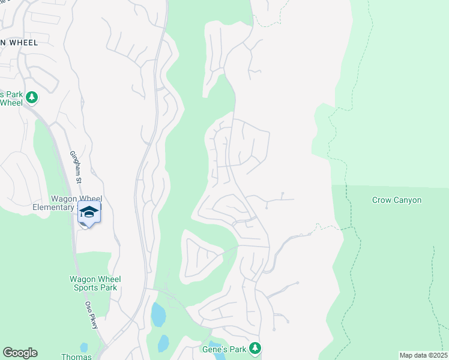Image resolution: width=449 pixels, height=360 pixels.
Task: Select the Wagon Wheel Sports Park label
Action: [x=95, y=283]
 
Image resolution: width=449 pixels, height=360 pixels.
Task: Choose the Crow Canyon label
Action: [x=397, y=200]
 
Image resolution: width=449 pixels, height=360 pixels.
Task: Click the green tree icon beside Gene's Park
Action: [x=255, y=347]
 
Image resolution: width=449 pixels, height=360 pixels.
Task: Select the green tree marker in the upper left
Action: [x=31, y=97]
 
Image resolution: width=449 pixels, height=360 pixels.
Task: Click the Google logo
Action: [x=20, y=353]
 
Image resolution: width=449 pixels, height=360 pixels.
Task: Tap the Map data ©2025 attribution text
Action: [x=423, y=355]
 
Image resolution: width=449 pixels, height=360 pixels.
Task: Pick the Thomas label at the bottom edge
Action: [x=76, y=356]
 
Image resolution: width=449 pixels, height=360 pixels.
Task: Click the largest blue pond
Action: [x=158, y=314]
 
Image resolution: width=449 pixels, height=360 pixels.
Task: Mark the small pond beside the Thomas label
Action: [x=83, y=347]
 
